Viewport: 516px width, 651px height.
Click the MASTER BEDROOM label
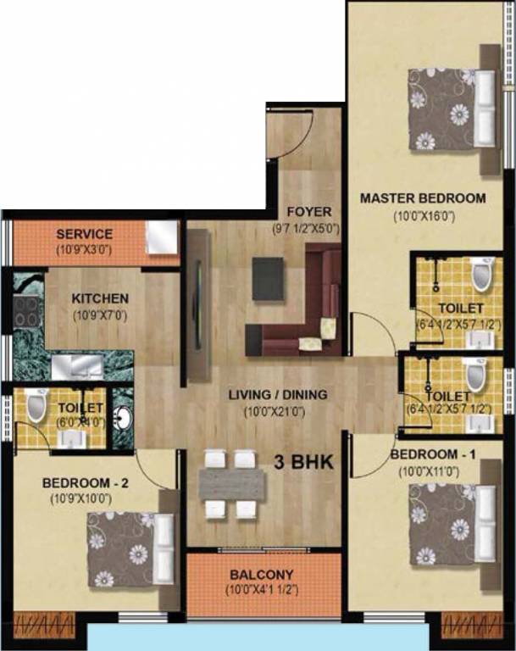click(423, 198)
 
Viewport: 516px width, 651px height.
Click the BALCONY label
click(264, 574)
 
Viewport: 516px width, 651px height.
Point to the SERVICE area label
click(84, 234)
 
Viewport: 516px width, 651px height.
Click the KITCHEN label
click(100, 298)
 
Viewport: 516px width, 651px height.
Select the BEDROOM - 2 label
click(85, 483)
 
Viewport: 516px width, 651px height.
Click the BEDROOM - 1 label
click(433, 454)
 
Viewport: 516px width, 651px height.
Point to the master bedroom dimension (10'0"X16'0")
click(424, 216)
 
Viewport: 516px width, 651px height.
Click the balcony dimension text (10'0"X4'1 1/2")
click(264, 589)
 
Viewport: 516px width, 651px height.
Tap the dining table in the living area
click(231, 483)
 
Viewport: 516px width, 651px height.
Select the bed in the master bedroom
click(451, 108)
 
